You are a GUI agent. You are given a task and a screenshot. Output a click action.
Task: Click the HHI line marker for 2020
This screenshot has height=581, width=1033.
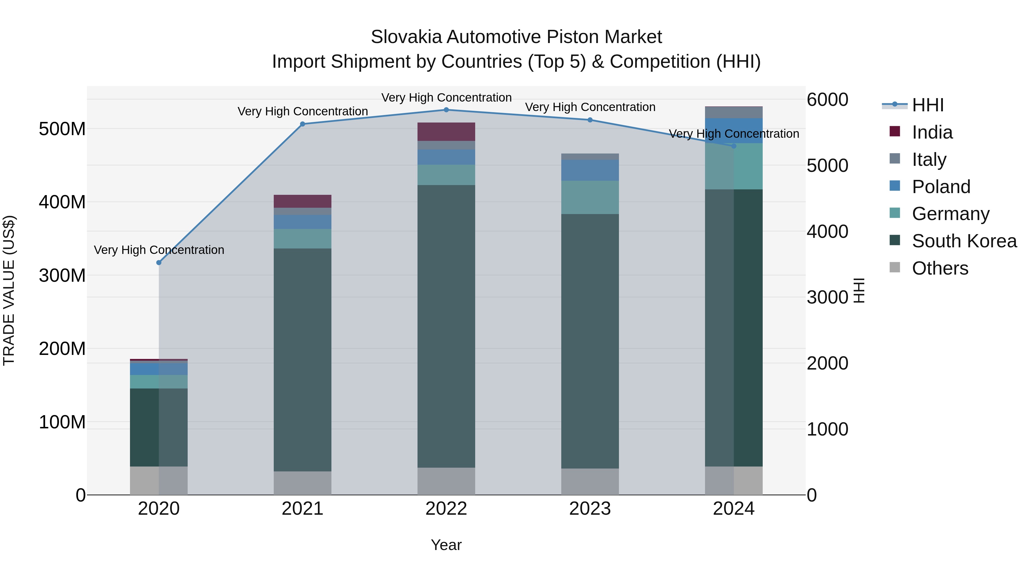159,263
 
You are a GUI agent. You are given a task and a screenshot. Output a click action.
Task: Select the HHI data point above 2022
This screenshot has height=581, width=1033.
446,110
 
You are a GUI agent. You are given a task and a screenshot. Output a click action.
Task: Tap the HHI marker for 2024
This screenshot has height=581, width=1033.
734,146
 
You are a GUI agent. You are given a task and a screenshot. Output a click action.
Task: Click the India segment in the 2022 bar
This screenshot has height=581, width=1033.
446,131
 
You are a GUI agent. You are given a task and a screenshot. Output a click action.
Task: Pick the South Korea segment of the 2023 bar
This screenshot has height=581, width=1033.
590,341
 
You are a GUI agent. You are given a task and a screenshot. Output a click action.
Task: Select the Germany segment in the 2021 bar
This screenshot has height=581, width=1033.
302,239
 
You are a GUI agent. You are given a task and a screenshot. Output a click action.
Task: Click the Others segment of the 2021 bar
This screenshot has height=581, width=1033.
302,483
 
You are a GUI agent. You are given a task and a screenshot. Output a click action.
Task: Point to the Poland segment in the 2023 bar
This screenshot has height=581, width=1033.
590,170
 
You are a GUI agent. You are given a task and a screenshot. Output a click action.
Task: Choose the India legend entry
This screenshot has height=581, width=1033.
932,132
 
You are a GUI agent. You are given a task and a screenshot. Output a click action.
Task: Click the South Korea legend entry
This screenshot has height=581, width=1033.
964,241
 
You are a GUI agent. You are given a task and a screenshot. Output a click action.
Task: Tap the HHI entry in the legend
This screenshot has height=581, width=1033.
927,105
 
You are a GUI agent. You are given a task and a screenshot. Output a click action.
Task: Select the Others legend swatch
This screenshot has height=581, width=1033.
895,267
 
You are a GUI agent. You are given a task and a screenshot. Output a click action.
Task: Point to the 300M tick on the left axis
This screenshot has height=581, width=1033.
62,275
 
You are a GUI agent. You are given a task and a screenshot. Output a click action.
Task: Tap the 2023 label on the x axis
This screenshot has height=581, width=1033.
590,509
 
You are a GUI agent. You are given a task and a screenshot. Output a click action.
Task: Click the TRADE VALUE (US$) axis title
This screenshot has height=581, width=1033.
9,290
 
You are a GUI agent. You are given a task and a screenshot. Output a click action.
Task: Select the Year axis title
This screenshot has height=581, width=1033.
446,545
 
